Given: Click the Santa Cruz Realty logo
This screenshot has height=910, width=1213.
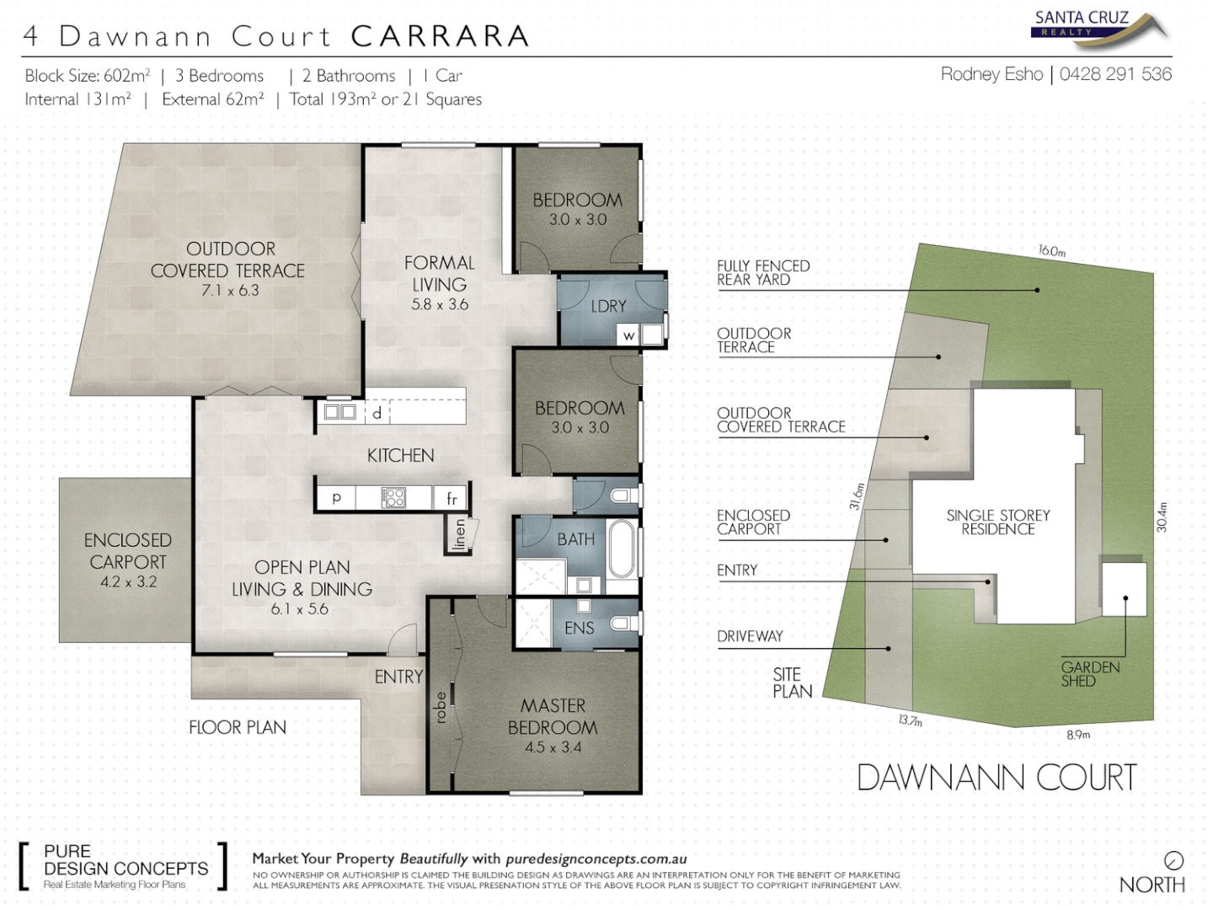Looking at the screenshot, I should pos(1098,24).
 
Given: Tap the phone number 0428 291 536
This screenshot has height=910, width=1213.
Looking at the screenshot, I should pos(1115,74).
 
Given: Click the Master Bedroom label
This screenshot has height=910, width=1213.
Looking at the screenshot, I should pos(553,716).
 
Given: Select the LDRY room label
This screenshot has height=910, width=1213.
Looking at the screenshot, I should pos(608,306).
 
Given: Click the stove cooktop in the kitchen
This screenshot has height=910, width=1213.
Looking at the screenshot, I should pos(393,497).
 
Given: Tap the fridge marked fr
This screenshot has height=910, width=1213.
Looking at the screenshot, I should pos(452,498).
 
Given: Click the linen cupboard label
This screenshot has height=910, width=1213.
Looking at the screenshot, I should pos(460,533).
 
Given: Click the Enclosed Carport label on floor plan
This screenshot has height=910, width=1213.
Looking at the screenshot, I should pos(128,551).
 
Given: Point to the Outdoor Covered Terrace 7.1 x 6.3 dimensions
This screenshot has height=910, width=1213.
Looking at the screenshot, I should pos(230,291).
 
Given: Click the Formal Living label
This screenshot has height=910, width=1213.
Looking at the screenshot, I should pos(439,274).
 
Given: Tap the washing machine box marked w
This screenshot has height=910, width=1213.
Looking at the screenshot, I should pos(628,335).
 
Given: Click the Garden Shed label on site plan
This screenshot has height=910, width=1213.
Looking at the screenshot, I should pos(1090,674).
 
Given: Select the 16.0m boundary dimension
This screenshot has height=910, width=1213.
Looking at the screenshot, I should pos(1051,251).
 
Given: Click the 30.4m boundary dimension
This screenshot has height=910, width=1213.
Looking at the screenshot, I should pos(1162,517).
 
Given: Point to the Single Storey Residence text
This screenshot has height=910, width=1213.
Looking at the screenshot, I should pos(998,522).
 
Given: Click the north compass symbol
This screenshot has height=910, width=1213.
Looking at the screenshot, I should pos(1173,860).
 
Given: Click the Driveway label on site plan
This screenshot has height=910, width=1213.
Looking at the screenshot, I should pos(750,636).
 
